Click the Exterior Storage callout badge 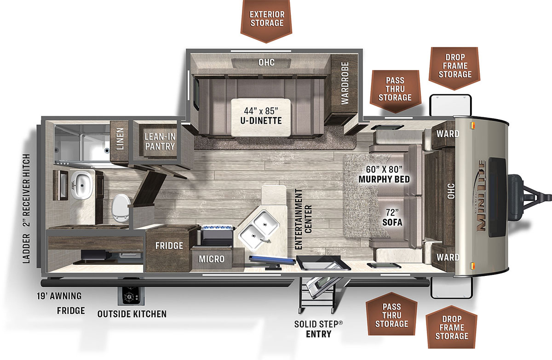(x=266, y=19)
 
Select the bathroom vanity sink (x=82, y=184)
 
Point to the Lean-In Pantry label (x=160, y=141)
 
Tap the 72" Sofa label (x=392, y=217)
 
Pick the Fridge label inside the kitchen (x=169, y=246)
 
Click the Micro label (x=212, y=259)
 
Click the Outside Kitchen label (x=132, y=314)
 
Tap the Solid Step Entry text (x=319, y=328)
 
